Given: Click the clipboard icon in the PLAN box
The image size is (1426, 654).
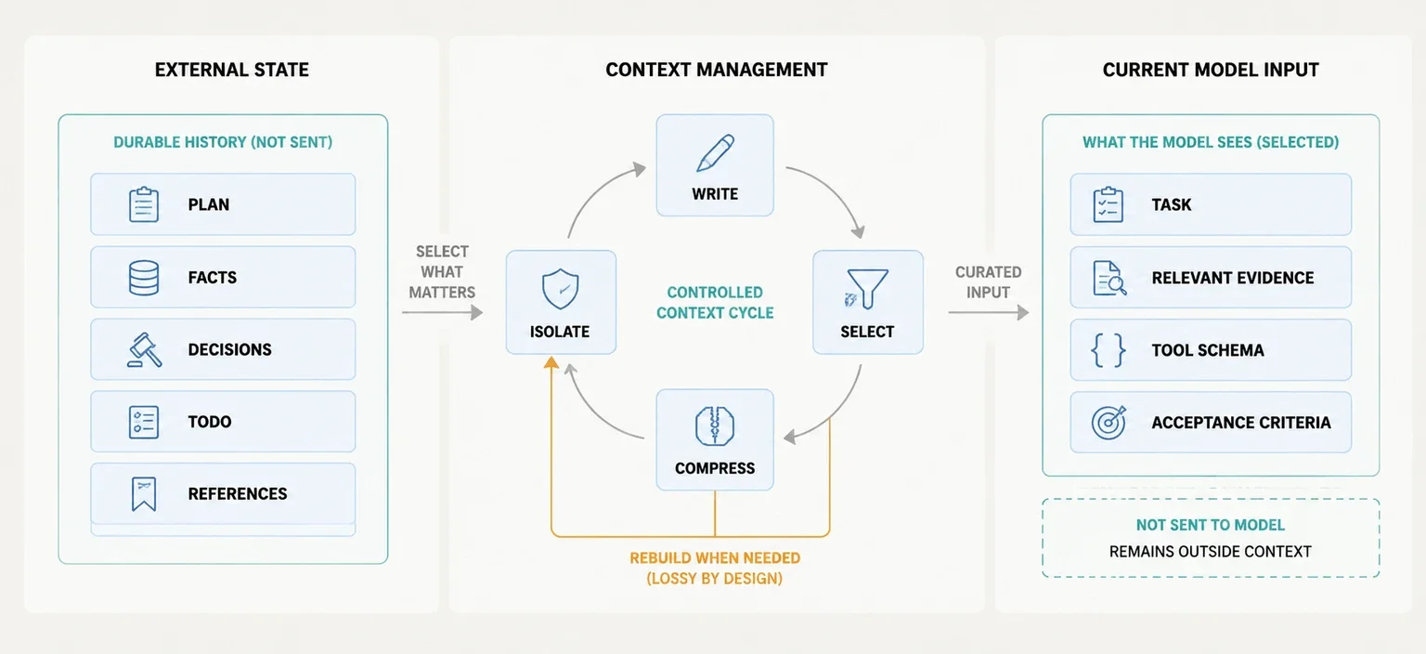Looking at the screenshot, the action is click(144, 204).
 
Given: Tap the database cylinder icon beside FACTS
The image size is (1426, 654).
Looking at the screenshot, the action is click(144, 278).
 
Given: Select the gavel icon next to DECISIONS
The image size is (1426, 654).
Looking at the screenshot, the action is click(145, 349).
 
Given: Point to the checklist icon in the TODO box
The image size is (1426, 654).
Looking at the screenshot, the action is click(144, 422).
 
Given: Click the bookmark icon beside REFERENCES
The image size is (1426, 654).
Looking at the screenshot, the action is click(144, 494).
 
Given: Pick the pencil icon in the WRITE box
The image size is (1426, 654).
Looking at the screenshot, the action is click(716, 153).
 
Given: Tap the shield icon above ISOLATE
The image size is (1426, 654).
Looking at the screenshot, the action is click(560, 289).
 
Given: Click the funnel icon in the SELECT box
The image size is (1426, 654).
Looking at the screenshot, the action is click(866, 289).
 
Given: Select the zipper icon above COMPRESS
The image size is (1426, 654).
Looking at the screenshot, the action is click(715, 425).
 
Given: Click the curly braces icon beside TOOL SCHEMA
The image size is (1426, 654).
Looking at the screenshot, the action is click(1108, 350).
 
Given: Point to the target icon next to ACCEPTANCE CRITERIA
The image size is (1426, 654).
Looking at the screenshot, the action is click(1109, 422).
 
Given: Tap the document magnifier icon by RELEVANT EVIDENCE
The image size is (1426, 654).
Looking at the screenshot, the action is click(1109, 279).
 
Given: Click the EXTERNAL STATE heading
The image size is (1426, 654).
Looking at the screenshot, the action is click(232, 70).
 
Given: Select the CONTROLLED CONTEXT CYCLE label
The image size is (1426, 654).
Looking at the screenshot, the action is click(715, 303).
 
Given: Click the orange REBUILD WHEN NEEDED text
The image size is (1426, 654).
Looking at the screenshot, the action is click(715, 557).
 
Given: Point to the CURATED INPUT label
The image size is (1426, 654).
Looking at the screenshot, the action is click(988, 282).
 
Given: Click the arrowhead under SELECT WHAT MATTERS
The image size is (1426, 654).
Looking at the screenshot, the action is click(476, 313).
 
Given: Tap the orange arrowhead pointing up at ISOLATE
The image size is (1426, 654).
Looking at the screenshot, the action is click(551, 363).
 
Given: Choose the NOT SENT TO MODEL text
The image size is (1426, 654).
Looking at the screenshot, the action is click(1211, 525).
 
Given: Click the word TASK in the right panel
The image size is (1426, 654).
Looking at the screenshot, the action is click(1171, 204).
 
